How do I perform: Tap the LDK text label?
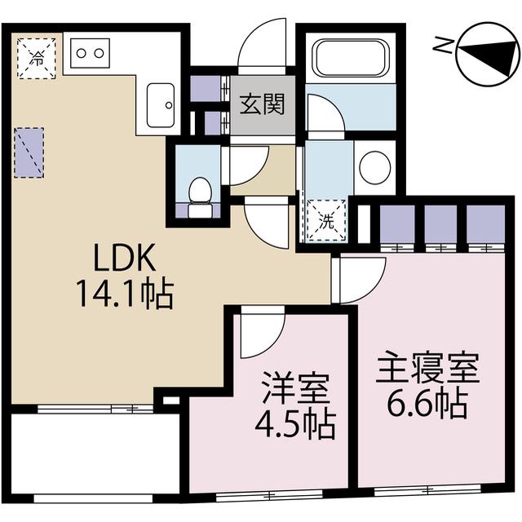[122, 259]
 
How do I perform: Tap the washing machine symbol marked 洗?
[325, 219]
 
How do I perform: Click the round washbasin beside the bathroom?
[374, 166]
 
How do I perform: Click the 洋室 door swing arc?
[261, 334]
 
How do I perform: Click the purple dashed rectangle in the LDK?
[30, 153]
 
